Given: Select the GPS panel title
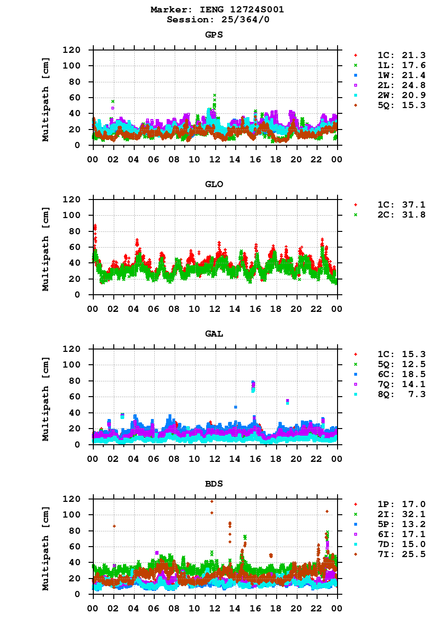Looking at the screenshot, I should (x=214, y=35).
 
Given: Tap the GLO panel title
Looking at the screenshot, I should (x=214, y=184).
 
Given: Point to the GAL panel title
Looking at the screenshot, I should (x=214, y=334).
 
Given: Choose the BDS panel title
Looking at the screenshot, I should (x=214, y=484).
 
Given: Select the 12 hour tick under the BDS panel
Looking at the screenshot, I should (x=215, y=608).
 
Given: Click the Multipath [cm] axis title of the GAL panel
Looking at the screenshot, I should (x=46, y=396).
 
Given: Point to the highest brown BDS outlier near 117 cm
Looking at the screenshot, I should (x=212, y=501).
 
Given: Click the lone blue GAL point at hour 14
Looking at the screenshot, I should (x=236, y=407).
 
